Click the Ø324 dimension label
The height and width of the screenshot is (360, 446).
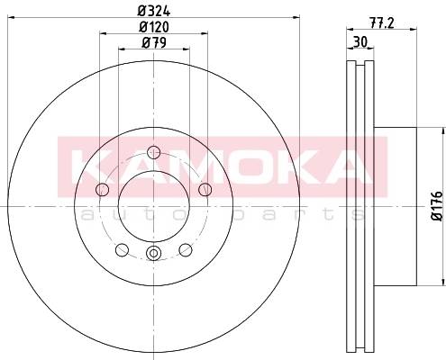[x=154, y=11]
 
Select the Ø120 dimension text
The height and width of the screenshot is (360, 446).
[x=154, y=27]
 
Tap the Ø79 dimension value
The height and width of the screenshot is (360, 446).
[x=154, y=43]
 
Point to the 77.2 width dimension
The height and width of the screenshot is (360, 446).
[x=381, y=22]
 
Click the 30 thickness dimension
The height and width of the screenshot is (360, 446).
[x=360, y=42]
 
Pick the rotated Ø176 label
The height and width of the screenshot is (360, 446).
[x=438, y=206]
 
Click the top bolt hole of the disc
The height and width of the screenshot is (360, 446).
[x=154, y=152]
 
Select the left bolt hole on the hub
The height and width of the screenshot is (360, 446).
[x=102, y=190]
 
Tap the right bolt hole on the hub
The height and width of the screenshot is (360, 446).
[x=205, y=190]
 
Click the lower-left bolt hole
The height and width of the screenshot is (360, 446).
[x=122, y=250]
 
